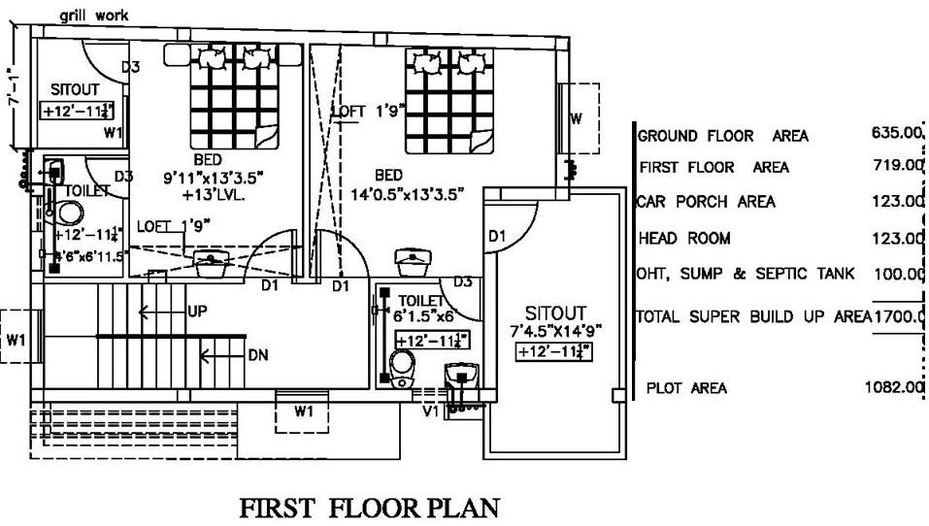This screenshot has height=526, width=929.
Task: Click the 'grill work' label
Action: [93, 16]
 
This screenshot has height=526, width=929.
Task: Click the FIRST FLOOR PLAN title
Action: [370, 509]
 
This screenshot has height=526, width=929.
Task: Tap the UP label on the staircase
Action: [197, 312]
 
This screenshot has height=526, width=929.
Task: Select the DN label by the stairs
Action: [257, 355]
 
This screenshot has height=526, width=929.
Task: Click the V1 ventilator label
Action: [430, 411]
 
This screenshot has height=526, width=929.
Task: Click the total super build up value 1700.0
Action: [899, 315]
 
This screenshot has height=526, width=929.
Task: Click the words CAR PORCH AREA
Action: [706, 202]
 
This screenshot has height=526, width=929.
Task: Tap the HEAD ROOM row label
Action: [684, 238]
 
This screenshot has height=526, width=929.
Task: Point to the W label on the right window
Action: [576, 119]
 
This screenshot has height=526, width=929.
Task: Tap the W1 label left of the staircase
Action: [17, 340]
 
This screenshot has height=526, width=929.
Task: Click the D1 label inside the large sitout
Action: [497, 236]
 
